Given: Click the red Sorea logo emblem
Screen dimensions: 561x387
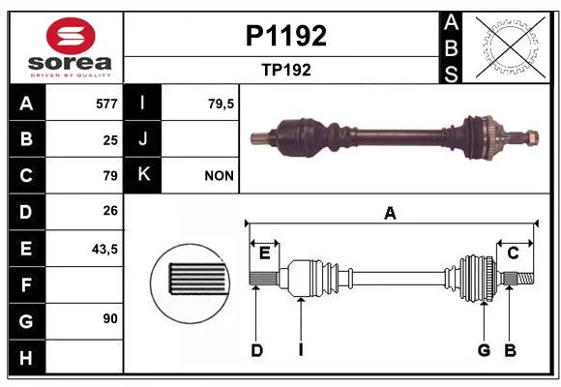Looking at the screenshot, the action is tap(71, 36).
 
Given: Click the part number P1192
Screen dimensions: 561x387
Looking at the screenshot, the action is tap(286, 36).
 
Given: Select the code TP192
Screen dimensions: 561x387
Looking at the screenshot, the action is tap(286, 70).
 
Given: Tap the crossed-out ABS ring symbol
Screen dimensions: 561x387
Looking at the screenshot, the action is tap(511, 46).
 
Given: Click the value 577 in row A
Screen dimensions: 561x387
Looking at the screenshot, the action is tap(106, 104).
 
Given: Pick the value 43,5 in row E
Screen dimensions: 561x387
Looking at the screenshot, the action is tap(104, 249).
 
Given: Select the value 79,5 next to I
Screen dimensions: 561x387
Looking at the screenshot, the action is tap(221, 104).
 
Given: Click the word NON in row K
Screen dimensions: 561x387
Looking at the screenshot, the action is tap(220, 176).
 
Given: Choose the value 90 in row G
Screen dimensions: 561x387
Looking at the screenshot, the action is tap(110, 318).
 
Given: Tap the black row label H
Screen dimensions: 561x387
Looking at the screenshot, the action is tap(26, 358).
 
